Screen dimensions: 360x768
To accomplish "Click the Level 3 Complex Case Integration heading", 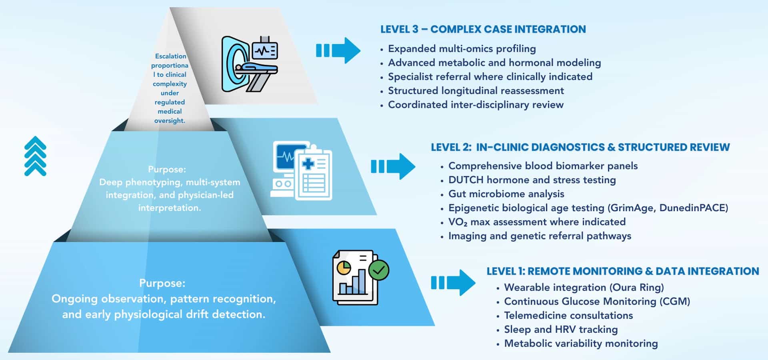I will click(x=483, y=29).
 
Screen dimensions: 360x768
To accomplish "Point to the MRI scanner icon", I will click(x=249, y=64).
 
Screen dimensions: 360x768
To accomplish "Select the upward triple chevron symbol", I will click(x=35, y=156).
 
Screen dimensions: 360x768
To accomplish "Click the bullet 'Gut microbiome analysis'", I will click(x=506, y=194).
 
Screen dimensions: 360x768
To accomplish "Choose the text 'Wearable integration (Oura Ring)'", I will click(x=584, y=288).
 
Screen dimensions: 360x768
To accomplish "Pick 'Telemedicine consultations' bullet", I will click(x=568, y=316).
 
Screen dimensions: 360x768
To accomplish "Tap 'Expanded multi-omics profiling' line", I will click(x=462, y=49).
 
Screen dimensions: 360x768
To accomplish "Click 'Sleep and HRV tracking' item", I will click(x=560, y=330).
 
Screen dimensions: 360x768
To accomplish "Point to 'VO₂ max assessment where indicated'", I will click(x=536, y=222).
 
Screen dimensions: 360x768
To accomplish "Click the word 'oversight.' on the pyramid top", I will click(x=170, y=121).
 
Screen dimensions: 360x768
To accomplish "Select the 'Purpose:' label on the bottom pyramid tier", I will click(x=162, y=283).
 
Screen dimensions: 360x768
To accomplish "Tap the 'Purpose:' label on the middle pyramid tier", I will click(x=167, y=169).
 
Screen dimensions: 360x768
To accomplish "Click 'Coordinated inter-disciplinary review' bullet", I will click(x=475, y=105).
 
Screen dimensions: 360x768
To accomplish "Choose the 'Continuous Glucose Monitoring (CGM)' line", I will click(x=597, y=302).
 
